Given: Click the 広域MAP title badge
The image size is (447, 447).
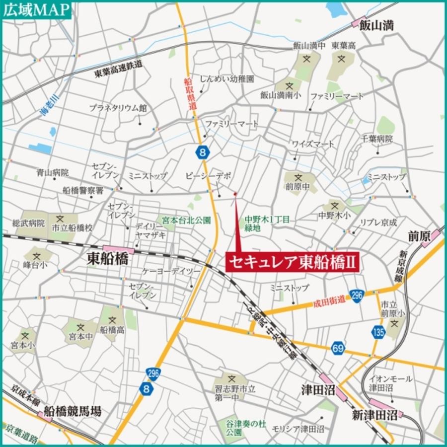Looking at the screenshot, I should pos(37,10).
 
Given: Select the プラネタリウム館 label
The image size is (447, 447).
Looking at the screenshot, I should pos(118,107).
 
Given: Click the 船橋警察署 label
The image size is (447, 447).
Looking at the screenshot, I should pos(83,190).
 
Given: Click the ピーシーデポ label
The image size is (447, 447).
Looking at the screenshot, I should pos(209,176).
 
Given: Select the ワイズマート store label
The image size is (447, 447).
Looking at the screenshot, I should pos(313,144).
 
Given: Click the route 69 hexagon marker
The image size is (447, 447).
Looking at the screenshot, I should pos(338,349).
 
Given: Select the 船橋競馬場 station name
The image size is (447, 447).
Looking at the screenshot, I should pos(73,411).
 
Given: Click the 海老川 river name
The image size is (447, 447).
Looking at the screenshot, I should pos(50,105).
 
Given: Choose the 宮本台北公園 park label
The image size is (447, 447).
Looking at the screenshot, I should pos(185,219).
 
